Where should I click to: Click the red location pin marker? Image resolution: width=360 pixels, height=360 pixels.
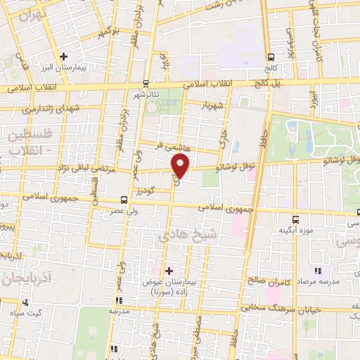tap(180, 165)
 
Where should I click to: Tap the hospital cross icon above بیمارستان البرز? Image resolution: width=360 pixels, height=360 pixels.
tap(63, 56)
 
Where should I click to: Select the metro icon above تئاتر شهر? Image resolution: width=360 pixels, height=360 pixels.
tap(146, 82)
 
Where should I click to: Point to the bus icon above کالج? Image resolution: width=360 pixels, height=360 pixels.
tap(271, 57)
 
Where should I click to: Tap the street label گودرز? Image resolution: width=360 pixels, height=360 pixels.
tap(146, 191)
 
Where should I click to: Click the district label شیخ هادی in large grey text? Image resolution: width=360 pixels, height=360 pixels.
tap(191, 238)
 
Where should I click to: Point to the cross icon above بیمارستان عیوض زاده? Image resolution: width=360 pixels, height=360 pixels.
tap(169, 269)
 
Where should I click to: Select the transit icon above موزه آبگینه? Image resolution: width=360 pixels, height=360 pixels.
tap(295, 217)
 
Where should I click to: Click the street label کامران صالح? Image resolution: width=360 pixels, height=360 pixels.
tap(263, 280)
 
